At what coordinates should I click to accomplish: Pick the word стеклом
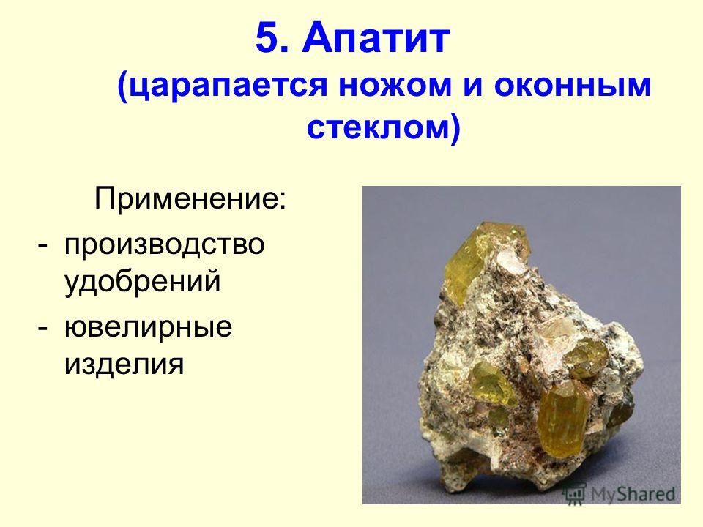(x=379, y=127)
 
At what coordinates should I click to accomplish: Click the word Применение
(x=186, y=198)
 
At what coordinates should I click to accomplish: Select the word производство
(x=164, y=245)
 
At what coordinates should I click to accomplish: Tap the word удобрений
(x=143, y=281)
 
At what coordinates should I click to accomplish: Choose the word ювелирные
(x=149, y=327)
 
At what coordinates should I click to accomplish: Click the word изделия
(x=124, y=364)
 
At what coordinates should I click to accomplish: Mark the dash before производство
(x=42, y=246)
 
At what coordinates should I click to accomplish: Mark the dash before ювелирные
(x=42, y=328)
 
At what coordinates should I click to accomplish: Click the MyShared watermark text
(x=633, y=494)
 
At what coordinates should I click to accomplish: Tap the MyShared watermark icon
(x=575, y=494)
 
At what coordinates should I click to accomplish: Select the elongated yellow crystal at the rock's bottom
(x=563, y=416)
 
